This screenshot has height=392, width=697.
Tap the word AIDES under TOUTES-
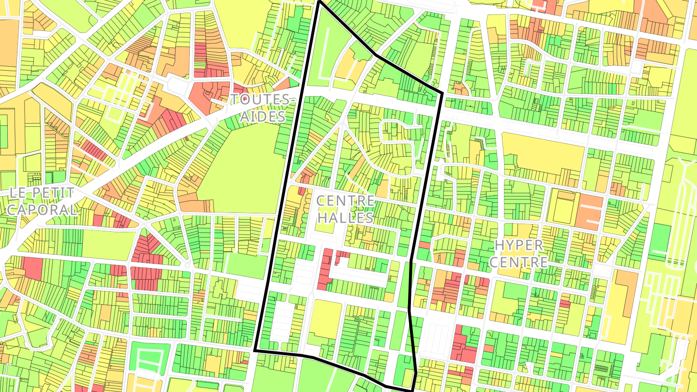pos(262,116)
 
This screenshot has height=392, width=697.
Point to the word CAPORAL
pos(42,210)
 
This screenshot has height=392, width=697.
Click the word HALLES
pos(345,217)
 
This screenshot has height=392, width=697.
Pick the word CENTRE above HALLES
pos(346,200)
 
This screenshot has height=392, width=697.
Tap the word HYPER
pos(519,245)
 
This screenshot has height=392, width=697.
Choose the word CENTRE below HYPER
pos(521,262)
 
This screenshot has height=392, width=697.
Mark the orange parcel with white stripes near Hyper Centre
pos(589,211)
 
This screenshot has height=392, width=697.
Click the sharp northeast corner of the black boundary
pos(442,92)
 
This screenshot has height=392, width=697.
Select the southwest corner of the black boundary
pos(255,349)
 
